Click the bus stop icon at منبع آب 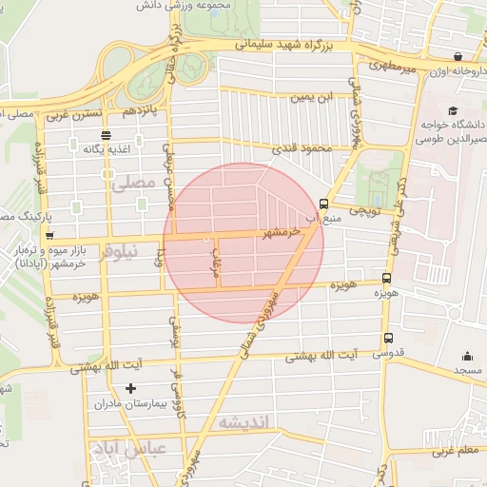point(323,204)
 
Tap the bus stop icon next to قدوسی point(387,338)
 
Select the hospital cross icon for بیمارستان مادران point(131,388)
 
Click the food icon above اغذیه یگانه point(105,134)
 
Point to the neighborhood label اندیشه point(244,421)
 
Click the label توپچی point(363,211)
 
